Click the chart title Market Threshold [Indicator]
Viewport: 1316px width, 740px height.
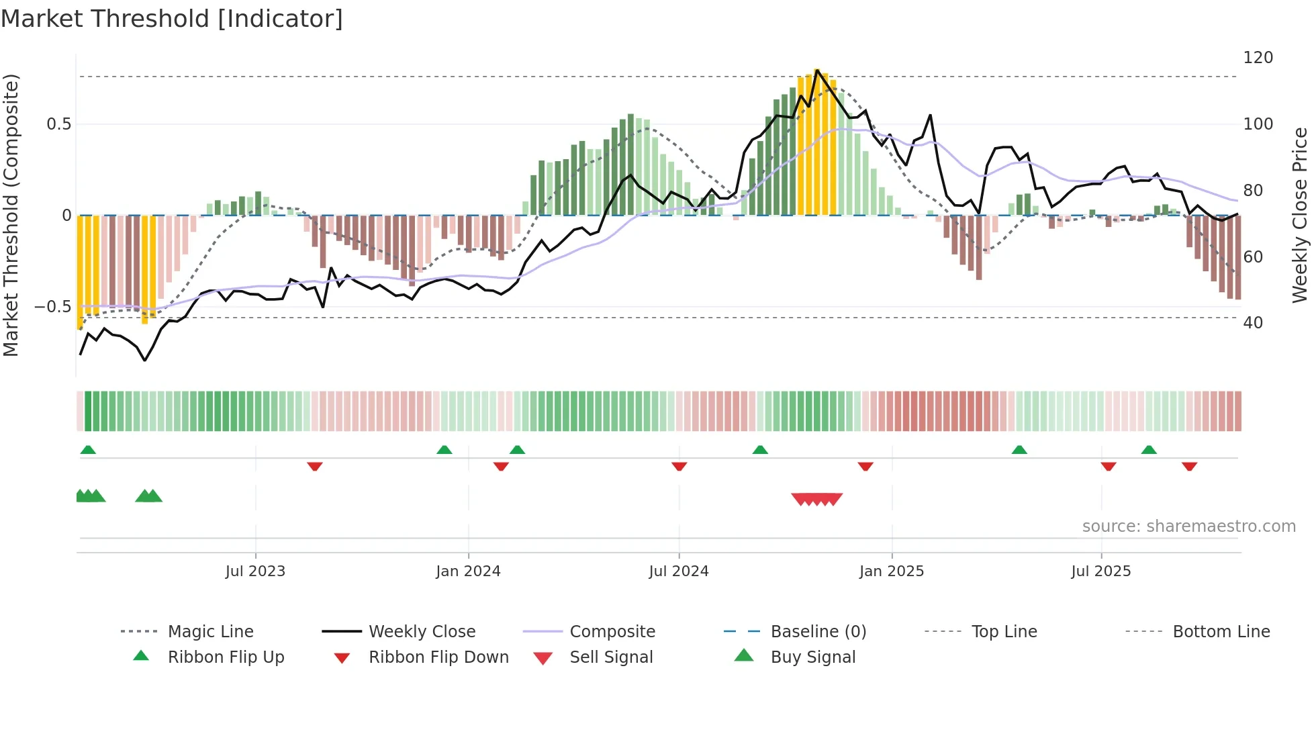click(x=172, y=19)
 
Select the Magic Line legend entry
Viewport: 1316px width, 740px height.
click(x=210, y=632)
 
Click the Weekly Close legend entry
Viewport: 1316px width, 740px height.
click(x=422, y=632)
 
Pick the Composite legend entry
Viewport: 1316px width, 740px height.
click(x=612, y=632)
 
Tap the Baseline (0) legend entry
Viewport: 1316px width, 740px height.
click(x=818, y=632)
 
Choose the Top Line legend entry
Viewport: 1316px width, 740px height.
click(x=1004, y=632)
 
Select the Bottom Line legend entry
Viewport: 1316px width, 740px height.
click(x=1221, y=632)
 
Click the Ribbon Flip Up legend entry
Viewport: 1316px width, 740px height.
click(x=226, y=657)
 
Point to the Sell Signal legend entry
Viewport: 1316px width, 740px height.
click(x=610, y=657)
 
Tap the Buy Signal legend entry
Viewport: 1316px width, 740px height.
click(x=812, y=657)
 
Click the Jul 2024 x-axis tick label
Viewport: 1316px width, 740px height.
click(x=678, y=571)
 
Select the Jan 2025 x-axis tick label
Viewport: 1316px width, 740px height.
click(x=891, y=571)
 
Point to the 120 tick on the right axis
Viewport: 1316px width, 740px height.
click(x=1258, y=58)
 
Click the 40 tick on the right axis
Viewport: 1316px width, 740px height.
click(x=1253, y=323)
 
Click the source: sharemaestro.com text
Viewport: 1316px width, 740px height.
click(x=1188, y=526)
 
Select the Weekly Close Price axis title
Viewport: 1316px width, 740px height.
click(x=1300, y=215)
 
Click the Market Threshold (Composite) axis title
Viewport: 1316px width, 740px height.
click(x=11, y=215)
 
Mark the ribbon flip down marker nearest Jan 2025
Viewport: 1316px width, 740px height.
click(x=865, y=466)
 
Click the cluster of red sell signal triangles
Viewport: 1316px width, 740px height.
click(x=816, y=499)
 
